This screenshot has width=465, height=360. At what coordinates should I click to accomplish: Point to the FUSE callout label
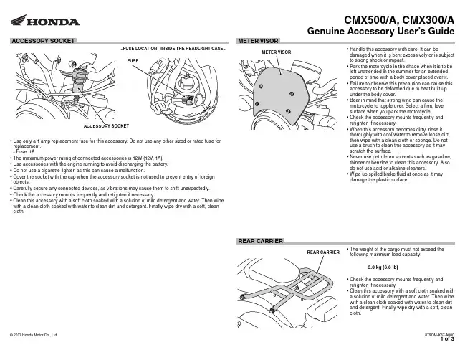[133, 62]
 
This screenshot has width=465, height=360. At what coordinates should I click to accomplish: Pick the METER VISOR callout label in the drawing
[276, 52]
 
